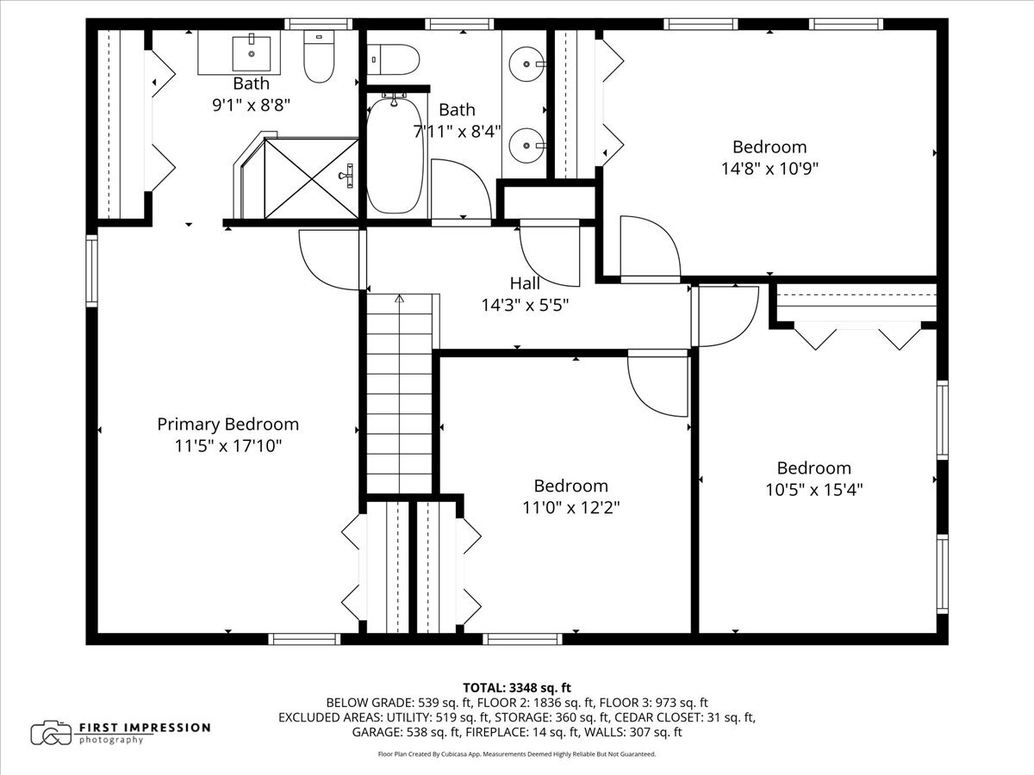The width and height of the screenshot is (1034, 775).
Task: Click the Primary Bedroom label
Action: click(x=228, y=424)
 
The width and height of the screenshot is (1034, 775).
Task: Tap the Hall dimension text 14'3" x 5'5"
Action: click(x=525, y=306)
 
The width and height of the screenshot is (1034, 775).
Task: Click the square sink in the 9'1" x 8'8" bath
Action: click(x=252, y=53)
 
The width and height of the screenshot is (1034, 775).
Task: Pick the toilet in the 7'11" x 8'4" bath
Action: click(x=393, y=59)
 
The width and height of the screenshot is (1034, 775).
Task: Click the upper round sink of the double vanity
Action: click(x=527, y=64)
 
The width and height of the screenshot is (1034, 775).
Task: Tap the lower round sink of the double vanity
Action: click(x=527, y=146)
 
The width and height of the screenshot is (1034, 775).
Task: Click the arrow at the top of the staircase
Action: click(x=400, y=298)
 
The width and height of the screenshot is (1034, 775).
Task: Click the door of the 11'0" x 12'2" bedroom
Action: click(x=658, y=383)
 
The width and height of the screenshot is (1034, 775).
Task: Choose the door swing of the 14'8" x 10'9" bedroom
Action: click(x=651, y=249)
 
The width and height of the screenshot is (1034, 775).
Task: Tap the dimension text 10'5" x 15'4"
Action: click(x=813, y=490)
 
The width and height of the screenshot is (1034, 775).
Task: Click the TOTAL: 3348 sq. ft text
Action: click(x=517, y=688)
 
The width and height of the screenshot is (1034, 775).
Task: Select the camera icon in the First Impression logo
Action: click(x=51, y=733)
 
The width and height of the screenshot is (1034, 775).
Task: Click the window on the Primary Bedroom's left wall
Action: click(x=91, y=271)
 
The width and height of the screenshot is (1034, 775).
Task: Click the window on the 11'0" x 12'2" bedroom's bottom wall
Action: click(x=522, y=639)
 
